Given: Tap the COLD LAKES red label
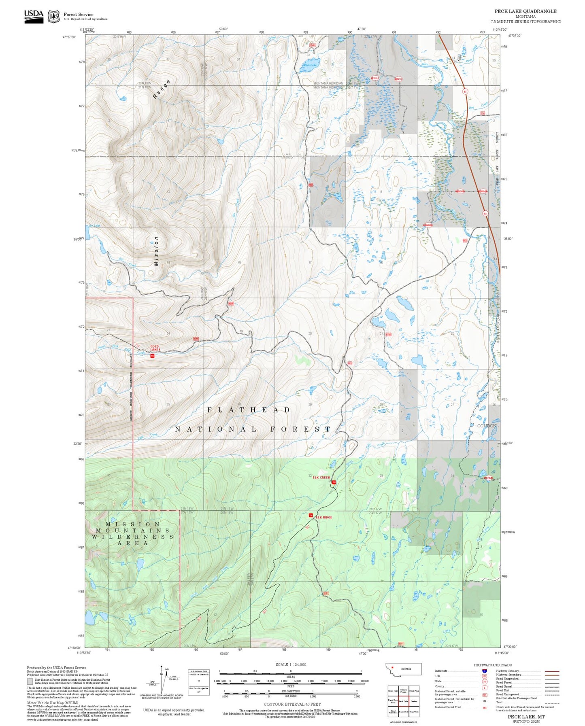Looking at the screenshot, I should point(155,348).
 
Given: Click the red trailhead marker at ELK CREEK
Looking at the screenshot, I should point(334,482).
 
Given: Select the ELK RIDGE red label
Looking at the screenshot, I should point(324,517).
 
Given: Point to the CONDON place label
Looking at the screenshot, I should point(487,426).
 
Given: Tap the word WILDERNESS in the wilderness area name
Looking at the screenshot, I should point(132,537).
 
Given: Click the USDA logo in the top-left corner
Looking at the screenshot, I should point(34,15).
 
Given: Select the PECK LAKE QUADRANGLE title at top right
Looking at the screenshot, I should point(525,11).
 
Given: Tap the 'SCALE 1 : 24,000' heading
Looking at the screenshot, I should point(290,664).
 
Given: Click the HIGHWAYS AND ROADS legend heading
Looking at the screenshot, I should point(492,665).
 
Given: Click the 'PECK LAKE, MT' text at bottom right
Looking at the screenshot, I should point(526,716).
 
